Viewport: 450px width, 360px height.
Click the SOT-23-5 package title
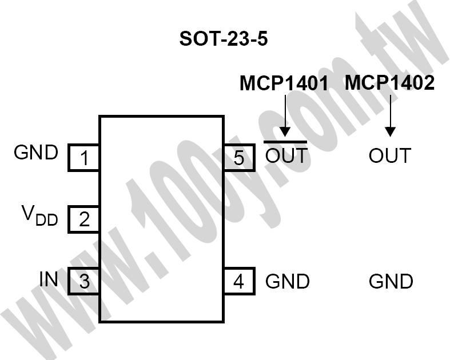point(224,39)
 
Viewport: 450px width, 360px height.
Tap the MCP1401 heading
point(284,83)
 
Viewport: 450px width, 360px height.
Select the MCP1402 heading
point(390,83)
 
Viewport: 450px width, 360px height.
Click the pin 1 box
point(83,158)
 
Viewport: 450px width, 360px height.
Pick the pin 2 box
point(83,219)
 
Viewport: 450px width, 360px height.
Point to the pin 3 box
point(83,281)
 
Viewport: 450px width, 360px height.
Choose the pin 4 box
point(240,281)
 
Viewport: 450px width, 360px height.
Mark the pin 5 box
point(240,158)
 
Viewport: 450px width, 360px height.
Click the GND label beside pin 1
point(36,153)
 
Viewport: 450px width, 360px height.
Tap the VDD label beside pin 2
point(39,215)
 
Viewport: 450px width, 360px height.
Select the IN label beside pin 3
point(49,278)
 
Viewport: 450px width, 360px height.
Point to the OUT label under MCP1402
point(390,155)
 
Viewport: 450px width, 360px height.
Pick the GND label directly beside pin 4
point(288,281)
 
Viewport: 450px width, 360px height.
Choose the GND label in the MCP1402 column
point(391,281)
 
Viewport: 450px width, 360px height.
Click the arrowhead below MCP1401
point(285,131)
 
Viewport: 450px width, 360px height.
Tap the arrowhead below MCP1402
point(390,131)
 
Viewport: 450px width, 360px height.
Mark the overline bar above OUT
point(285,142)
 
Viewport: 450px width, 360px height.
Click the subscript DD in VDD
point(47,220)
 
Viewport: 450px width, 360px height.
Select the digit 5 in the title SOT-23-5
point(262,39)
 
